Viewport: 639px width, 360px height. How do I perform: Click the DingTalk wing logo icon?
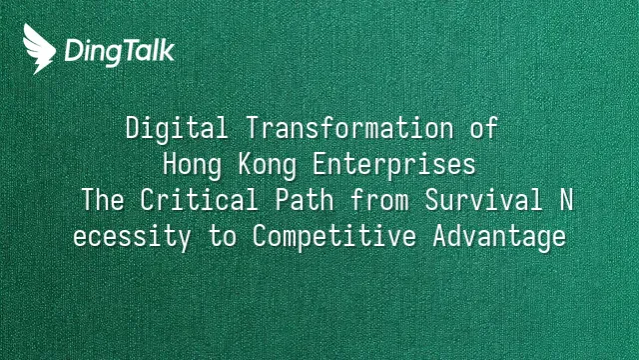[39, 49]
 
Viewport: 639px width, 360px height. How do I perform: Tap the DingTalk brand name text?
[120, 52]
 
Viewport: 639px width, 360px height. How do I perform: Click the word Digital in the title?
[177, 129]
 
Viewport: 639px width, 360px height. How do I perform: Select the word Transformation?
[350, 128]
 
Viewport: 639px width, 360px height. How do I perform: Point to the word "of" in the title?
[483, 128]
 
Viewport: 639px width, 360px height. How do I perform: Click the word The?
[103, 200]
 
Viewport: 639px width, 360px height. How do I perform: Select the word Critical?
[200, 200]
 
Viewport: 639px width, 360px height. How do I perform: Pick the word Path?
[305, 200]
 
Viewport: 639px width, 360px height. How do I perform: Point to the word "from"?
[379, 200]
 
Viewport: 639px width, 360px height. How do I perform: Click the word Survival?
[483, 200]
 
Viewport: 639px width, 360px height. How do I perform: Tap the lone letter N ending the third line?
[566, 200]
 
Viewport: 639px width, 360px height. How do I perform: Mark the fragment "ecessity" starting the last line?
[132, 238]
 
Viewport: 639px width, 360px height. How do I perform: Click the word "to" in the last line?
[222, 237]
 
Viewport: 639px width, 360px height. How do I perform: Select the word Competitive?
[334, 238]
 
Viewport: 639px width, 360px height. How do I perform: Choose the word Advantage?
[499, 238]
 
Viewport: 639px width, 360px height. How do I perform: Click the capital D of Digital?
[132, 128]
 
